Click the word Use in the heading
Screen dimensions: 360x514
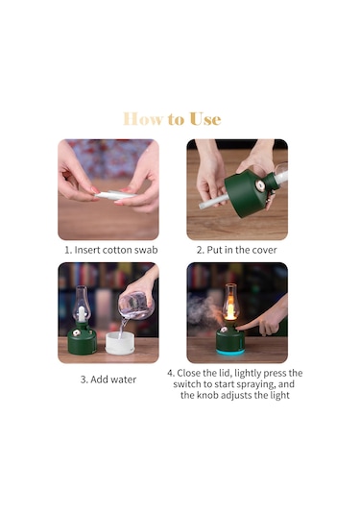205,119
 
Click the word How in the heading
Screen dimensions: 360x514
142,119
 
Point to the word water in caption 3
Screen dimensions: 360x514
123,379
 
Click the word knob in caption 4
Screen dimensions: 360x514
207,395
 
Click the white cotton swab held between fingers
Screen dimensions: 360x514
115,195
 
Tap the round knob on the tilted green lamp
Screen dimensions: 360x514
260,185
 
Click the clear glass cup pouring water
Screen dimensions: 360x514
136,306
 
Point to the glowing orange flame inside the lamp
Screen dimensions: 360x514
230,308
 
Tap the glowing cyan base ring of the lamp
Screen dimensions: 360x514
230,352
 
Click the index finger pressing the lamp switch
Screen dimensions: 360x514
249,325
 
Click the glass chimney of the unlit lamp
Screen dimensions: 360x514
82,304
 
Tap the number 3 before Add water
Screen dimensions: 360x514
84,379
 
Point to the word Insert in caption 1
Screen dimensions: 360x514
87,250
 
